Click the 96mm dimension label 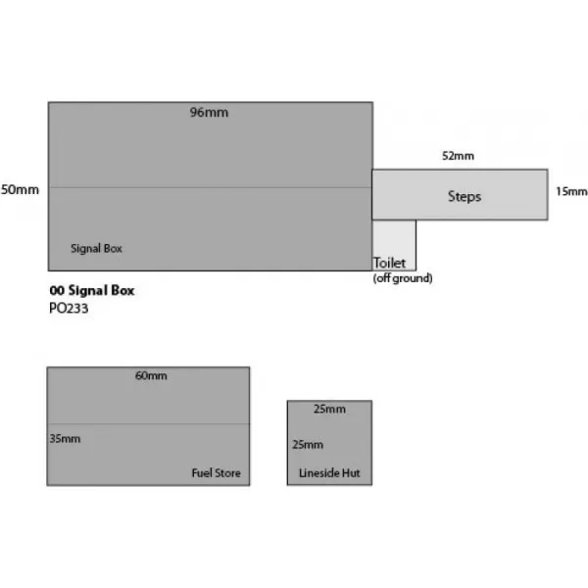pos(209,113)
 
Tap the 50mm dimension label pos(21,189)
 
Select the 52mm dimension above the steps pos(458,156)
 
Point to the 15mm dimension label pos(570,191)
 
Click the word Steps pos(465,197)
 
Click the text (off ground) pos(403,278)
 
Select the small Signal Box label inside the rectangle pos(96,249)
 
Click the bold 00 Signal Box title pos(92,290)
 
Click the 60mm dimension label pos(150,376)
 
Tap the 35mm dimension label pos(65,438)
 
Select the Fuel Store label pos(216,473)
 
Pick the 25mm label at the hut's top pos(329,409)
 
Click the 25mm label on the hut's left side pos(308,444)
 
